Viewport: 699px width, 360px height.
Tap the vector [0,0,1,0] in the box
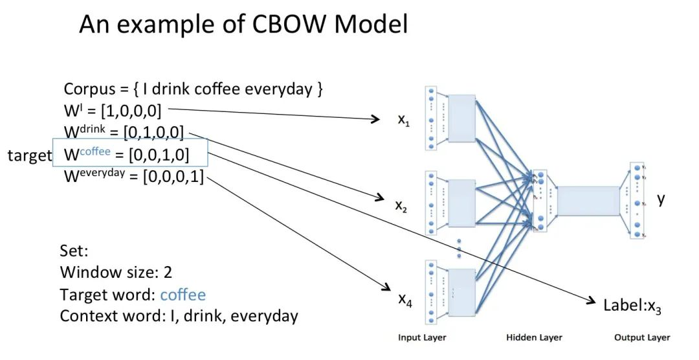point(159,155)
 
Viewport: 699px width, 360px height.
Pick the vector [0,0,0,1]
point(173,176)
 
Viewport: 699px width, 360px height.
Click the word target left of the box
point(29,155)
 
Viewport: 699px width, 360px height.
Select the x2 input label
point(402,206)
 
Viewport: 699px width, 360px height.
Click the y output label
point(661,199)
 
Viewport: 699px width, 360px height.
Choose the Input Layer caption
point(422,337)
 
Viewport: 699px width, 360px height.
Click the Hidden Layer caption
point(534,337)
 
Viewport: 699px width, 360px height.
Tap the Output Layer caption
point(642,337)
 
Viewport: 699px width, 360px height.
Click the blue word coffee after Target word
point(183,295)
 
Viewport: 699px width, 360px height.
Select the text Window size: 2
point(116,273)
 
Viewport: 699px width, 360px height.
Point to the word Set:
point(73,251)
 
